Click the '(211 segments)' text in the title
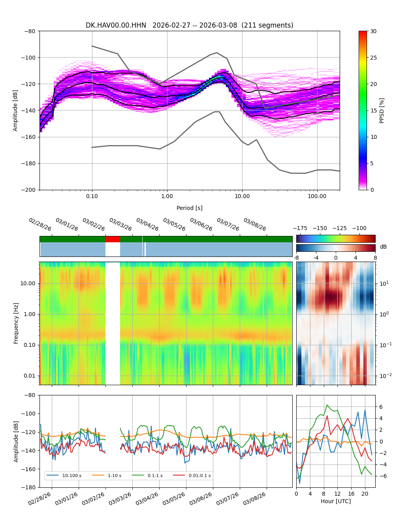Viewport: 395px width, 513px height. coord(267,25)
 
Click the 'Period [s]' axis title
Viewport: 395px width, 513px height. coord(190,208)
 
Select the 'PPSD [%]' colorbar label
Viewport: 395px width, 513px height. coord(382,110)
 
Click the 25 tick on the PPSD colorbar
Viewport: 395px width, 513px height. coord(373,58)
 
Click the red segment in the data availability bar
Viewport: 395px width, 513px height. coord(113,239)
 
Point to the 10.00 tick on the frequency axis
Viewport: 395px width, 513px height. coord(28,283)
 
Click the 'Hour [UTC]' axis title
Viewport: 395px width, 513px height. coord(336,501)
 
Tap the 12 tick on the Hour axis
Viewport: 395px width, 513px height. coord(337,494)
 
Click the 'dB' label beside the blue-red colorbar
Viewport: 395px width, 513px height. coord(383,247)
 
